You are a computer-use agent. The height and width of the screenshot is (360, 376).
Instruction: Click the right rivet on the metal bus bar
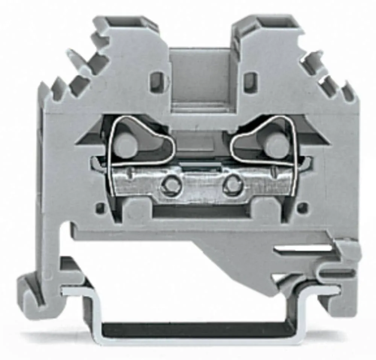[x=232, y=184]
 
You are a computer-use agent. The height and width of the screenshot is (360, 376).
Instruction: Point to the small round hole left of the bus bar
[x=100, y=207]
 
